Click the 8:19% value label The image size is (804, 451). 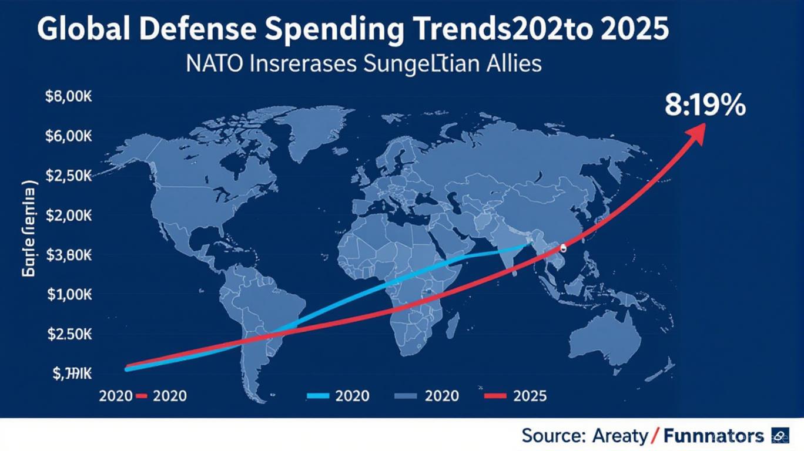pos(705,107)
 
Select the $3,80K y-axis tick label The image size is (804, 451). pos(69,255)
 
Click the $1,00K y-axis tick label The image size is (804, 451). pos(69,294)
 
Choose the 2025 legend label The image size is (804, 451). pos(530,396)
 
